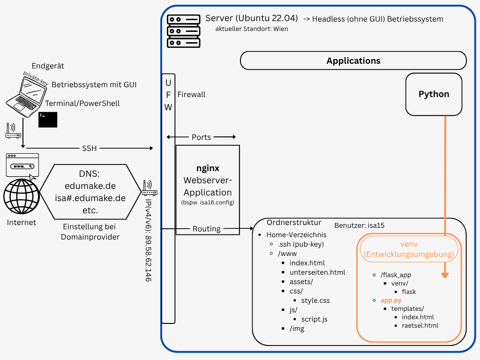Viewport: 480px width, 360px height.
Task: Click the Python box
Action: [x=434, y=94]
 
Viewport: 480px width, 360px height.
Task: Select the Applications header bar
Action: [x=353, y=61]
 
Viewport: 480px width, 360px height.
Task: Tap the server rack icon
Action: [x=184, y=31]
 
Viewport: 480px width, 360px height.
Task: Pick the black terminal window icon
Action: [x=48, y=120]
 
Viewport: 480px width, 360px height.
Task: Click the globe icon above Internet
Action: [x=22, y=197]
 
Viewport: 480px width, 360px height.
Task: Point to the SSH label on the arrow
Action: [x=89, y=148]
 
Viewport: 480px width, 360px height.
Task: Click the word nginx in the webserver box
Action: [x=208, y=168]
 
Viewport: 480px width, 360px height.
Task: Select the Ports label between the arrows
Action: [x=201, y=137]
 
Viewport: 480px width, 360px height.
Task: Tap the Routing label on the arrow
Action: [x=206, y=229]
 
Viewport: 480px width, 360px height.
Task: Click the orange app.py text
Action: [x=391, y=300]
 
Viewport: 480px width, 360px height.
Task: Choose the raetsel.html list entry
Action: [x=420, y=325]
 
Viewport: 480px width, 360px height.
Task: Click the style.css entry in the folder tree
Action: [x=315, y=300]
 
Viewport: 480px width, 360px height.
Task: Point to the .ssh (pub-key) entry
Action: [x=300, y=244]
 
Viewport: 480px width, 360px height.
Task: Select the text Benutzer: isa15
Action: [x=359, y=225]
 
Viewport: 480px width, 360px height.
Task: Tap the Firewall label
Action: [x=191, y=94]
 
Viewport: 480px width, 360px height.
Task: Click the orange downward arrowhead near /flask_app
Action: [x=445, y=275]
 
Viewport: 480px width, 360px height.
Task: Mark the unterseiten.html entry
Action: [x=317, y=272]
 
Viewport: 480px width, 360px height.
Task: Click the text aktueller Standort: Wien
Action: [x=251, y=29]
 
